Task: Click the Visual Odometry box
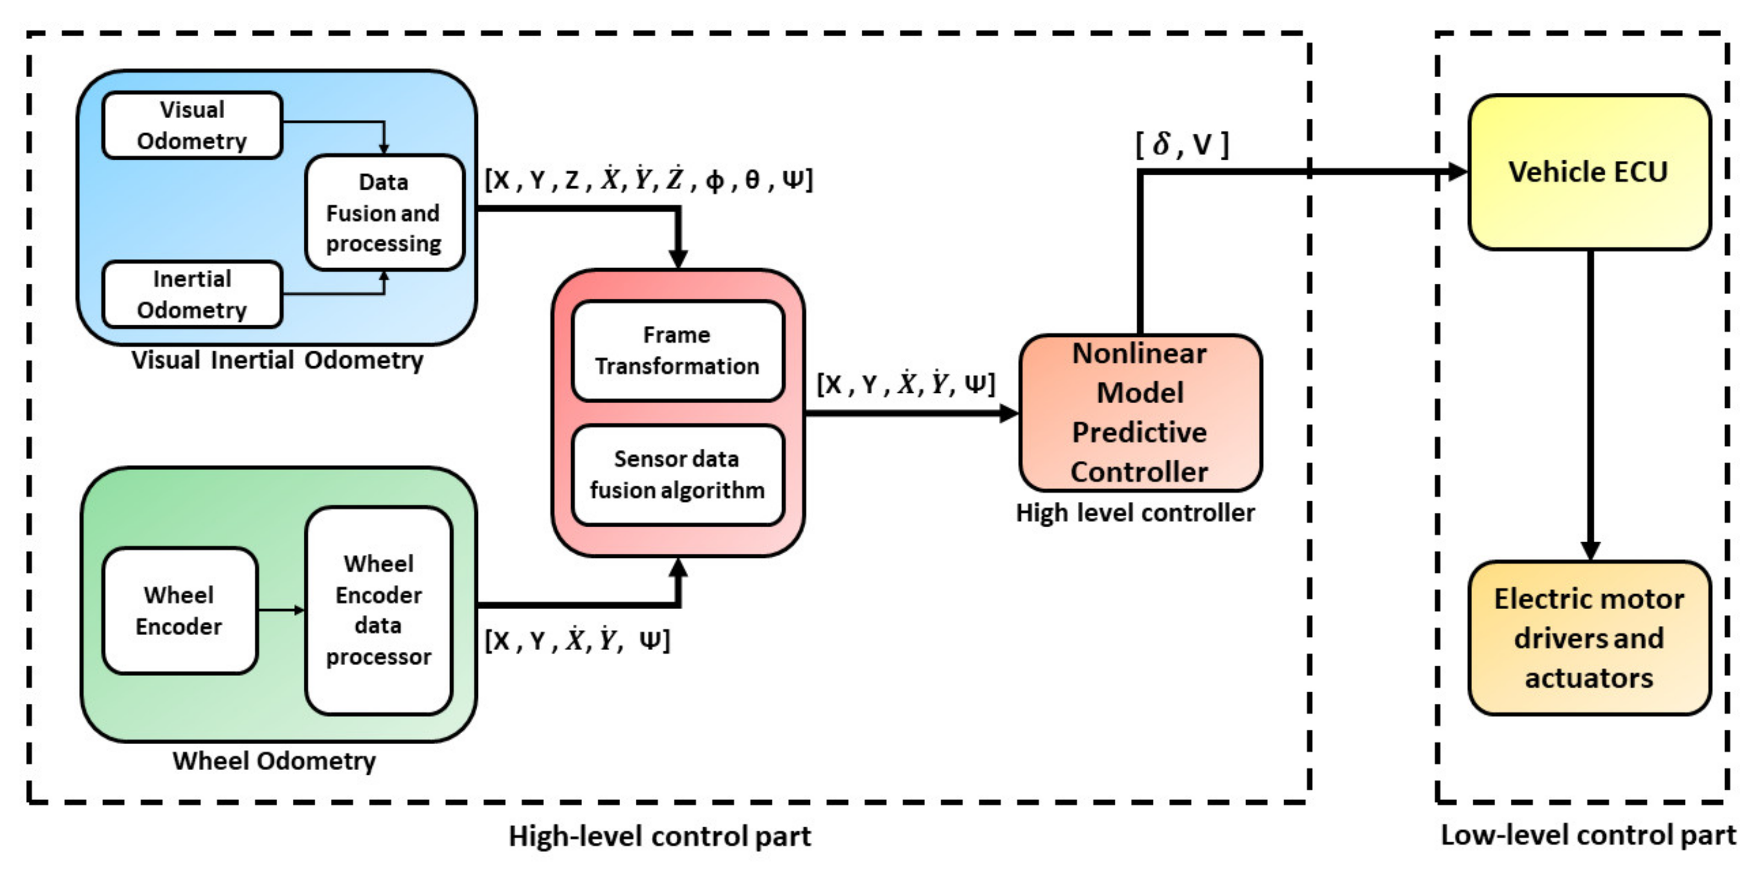(192, 125)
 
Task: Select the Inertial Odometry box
(192, 294)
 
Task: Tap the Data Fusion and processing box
(384, 213)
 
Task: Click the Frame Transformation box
(678, 350)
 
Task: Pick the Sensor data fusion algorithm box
(678, 475)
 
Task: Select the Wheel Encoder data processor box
(379, 611)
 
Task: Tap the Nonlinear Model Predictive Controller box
(1140, 413)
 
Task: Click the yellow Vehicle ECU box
(1590, 172)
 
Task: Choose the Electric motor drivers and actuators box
(1590, 638)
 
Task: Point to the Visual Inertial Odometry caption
(278, 360)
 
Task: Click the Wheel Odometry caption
(274, 760)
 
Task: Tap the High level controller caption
(1135, 513)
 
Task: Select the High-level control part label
(660, 836)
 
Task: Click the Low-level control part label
(1589, 836)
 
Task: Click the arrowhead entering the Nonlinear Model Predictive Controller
(1009, 413)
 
